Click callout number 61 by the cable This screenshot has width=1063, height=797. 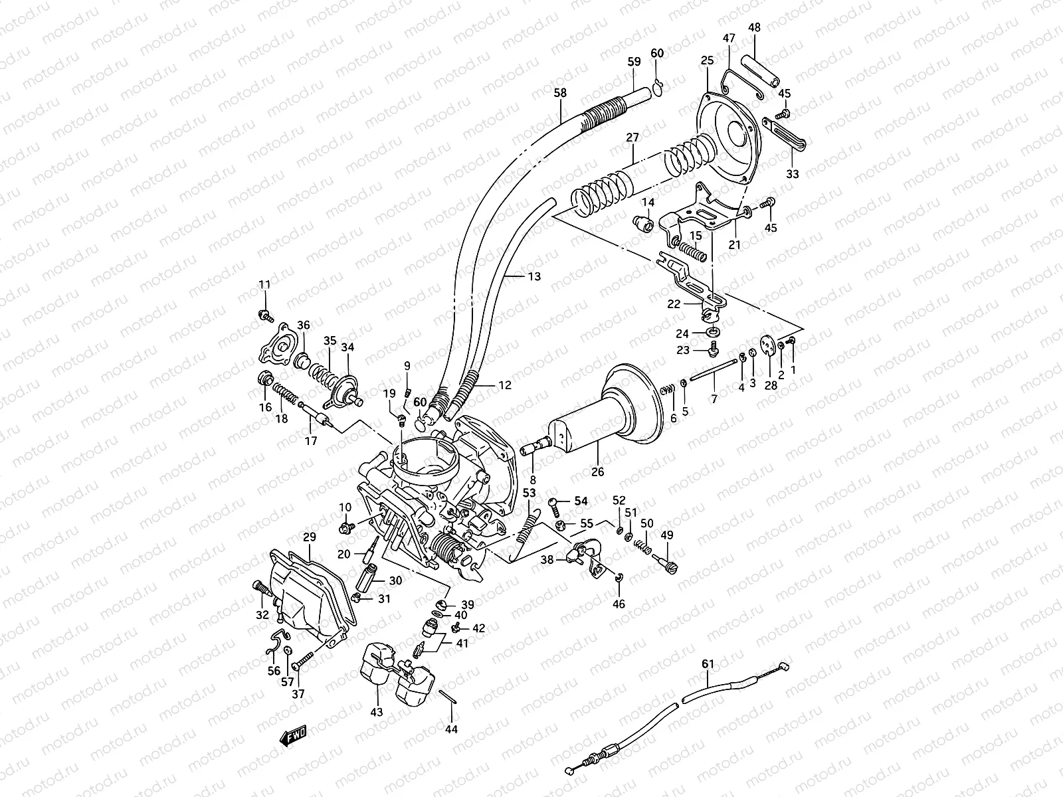pos(707,664)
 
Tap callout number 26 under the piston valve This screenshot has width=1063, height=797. pos(597,472)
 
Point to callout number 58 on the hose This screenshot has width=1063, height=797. pos(560,93)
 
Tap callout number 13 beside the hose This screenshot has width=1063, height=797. pos(533,276)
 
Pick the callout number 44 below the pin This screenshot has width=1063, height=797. pos(452,729)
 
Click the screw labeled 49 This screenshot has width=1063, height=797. pos(666,561)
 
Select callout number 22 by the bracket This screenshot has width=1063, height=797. pos(674,304)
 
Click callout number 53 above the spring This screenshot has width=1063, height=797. pos(528,493)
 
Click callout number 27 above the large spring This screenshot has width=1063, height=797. pos(632,137)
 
